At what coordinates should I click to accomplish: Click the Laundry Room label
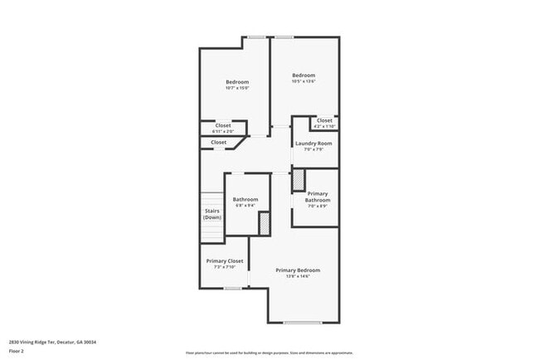313,144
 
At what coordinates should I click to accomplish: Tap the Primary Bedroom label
298,270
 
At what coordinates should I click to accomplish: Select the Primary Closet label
225,260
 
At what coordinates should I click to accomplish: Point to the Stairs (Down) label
212,214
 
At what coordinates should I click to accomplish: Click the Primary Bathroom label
318,197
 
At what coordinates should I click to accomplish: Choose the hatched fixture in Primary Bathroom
299,181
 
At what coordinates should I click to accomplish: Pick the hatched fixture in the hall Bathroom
265,223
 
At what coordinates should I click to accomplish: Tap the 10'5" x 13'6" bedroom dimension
303,81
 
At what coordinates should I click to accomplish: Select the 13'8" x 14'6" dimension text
298,276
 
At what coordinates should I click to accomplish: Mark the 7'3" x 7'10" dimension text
225,267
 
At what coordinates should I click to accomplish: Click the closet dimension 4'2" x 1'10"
324,126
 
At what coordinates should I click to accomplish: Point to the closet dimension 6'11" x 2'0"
223,131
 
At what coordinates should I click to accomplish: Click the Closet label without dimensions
218,143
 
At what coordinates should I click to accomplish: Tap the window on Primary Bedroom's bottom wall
303,322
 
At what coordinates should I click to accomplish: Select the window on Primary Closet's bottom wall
233,289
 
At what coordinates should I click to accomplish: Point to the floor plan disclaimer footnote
269,353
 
